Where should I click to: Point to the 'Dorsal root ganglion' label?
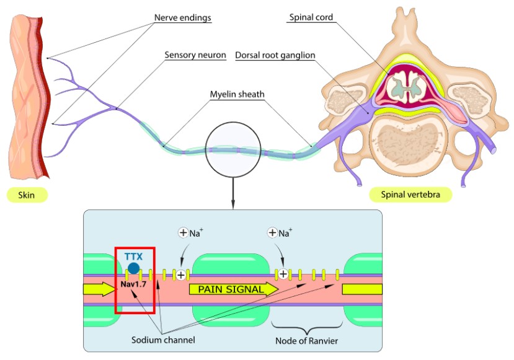(x=275, y=55)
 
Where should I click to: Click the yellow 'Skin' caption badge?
(x=27, y=195)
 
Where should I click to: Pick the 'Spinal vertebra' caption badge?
(x=410, y=195)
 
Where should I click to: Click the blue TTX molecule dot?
(x=133, y=268)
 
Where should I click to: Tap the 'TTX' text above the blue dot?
(x=133, y=255)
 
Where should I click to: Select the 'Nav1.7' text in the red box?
(x=133, y=284)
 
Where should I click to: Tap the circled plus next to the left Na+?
(x=183, y=233)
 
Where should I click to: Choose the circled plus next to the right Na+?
(x=272, y=233)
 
